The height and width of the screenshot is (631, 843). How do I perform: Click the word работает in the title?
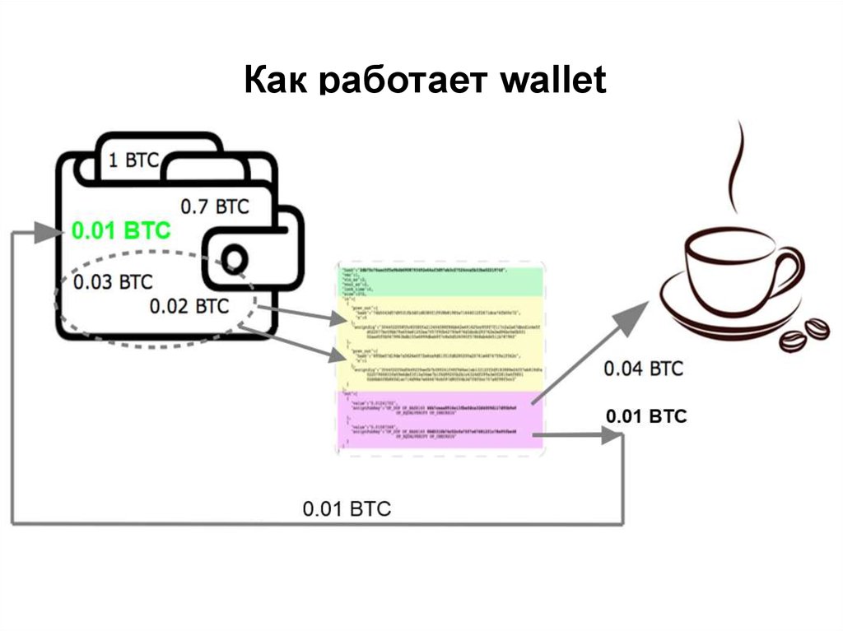396,83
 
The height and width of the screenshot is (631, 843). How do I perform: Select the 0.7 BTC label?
214,206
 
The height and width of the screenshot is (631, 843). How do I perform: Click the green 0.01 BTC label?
121,230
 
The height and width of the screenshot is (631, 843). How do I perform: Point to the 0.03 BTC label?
113,281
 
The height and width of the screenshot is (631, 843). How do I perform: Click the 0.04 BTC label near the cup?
643,368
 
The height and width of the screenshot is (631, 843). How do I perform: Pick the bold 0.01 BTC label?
645,416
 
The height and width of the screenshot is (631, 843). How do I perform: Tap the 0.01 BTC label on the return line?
347,508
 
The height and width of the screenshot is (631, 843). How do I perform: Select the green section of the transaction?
440,281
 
